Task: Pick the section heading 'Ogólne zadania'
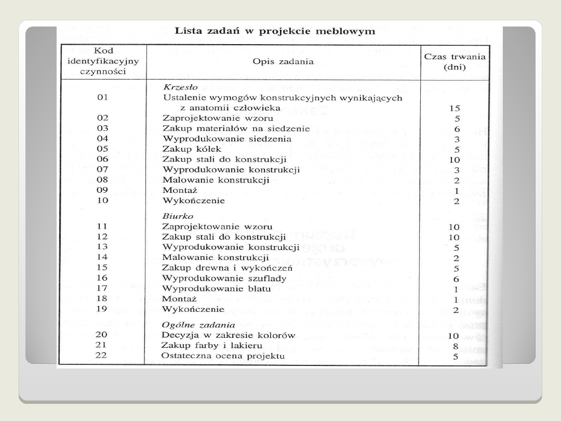tap(192, 324)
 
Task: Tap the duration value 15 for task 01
tap(454, 109)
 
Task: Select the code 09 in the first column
tap(102, 190)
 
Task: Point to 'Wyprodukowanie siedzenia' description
tap(227, 139)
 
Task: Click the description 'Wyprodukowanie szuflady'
tap(224, 278)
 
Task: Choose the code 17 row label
tap(102, 288)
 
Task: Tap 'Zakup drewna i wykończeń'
tap(228, 268)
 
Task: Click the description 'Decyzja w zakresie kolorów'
tap(229, 335)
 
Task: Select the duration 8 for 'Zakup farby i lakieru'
tap(456, 346)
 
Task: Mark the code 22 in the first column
tap(101, 356)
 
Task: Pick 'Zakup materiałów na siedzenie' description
tap(236, 128)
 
